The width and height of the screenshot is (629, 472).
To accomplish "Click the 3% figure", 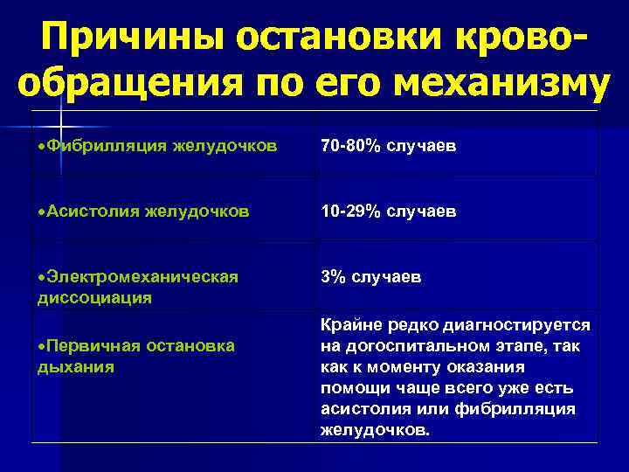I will pyautogui.click(x=332, y=277).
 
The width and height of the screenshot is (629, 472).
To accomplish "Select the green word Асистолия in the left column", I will pyautogui.click(x=93, y=211).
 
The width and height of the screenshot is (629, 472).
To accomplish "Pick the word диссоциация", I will pyautogui.click(x=94, y=297).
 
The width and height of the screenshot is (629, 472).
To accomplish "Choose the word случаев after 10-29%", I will pyautogui.click(x=420, y=212).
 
